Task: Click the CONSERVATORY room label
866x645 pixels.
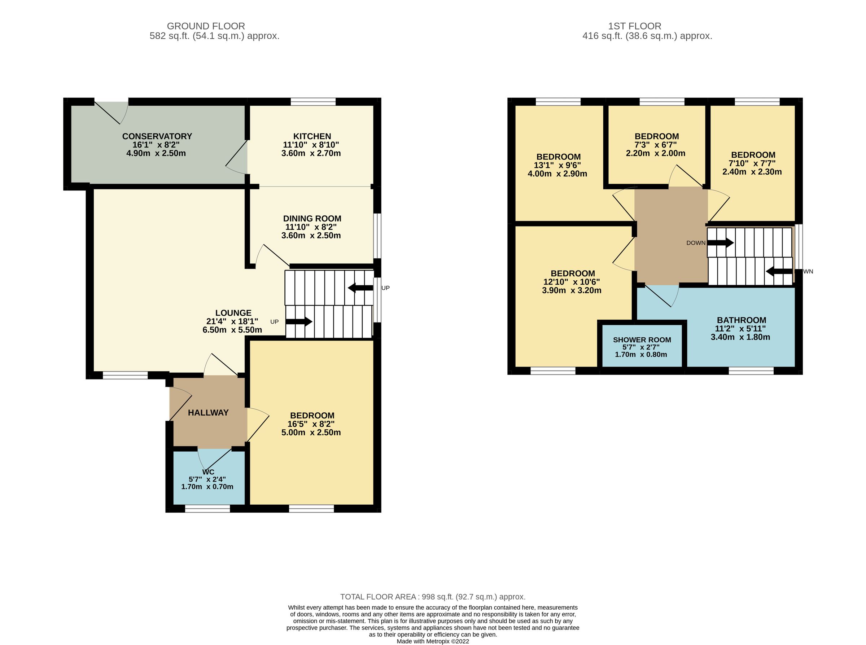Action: point(157,136)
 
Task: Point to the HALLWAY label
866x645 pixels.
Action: point(208,413)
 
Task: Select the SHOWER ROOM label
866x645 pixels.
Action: point(642,340)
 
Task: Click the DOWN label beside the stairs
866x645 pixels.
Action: point(695,243)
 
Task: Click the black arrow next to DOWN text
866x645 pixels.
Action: point(720,243)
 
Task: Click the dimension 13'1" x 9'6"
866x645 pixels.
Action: point(557,165)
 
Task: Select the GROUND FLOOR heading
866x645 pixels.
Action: point(206,26)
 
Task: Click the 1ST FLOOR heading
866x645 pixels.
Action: point(634,26)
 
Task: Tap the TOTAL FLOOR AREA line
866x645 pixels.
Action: point(433,597)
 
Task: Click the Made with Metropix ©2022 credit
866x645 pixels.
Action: point(433,641)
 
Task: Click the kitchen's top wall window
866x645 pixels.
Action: point(313,101)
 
